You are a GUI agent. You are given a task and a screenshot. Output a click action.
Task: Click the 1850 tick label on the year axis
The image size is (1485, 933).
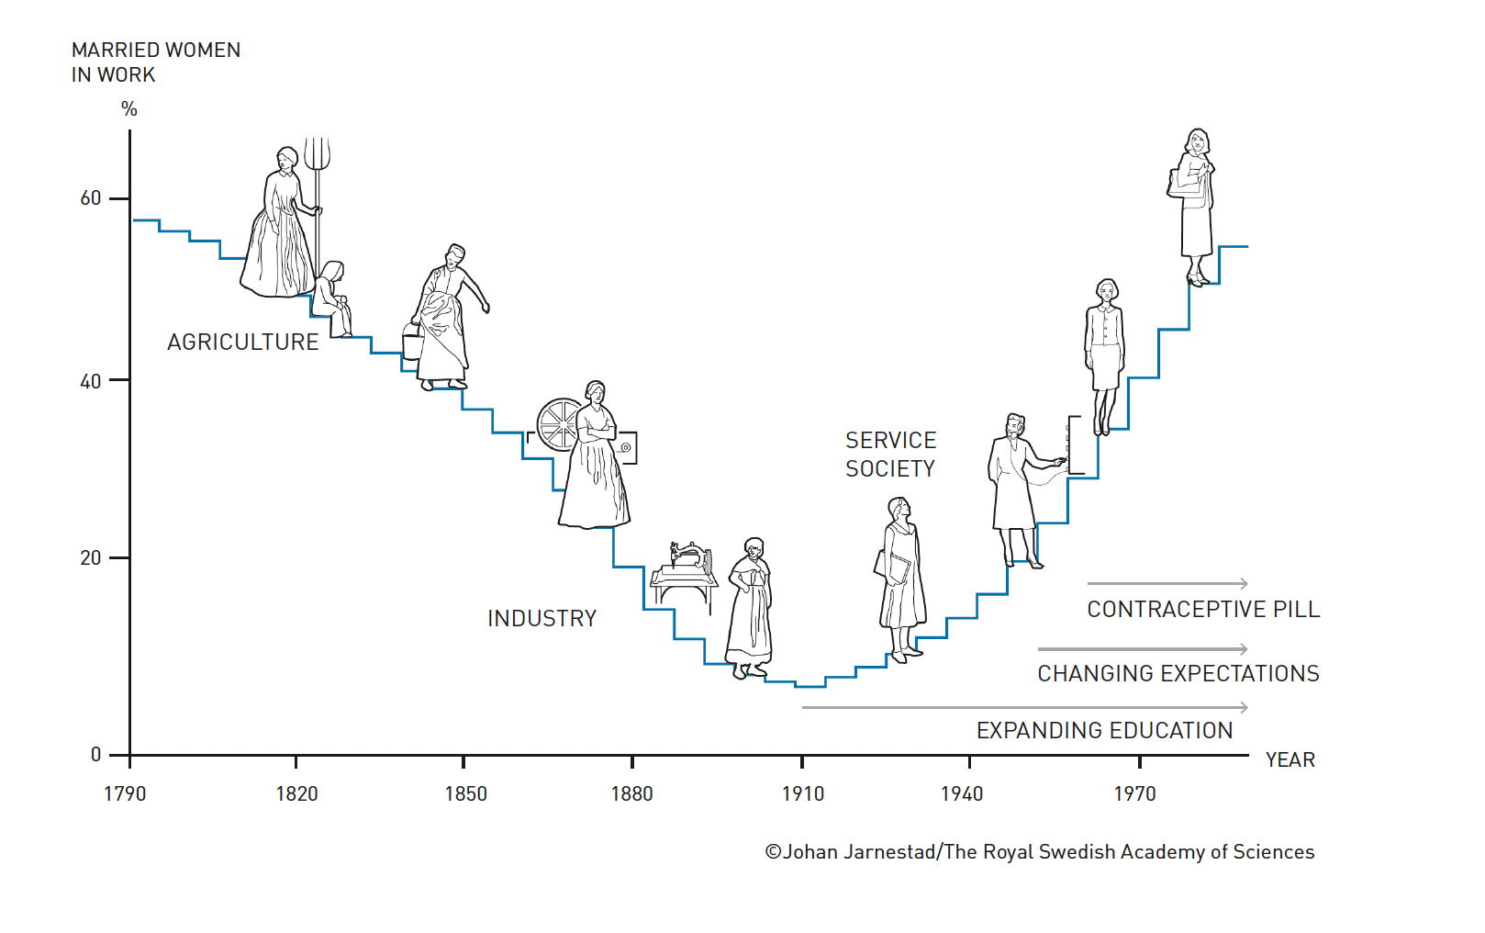click(x=465, y=793)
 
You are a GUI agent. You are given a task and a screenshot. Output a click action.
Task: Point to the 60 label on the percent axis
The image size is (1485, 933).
click(x=91, y=198)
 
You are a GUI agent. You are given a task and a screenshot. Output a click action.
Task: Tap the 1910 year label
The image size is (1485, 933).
click(x=803, y=793)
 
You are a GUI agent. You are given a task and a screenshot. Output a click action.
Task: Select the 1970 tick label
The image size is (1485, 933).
click(x=1135, y=793)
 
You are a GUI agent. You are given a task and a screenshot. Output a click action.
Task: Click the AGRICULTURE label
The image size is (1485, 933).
click(x=243, y=342)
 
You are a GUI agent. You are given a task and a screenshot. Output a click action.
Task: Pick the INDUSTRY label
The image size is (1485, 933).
click(x=542, y=618)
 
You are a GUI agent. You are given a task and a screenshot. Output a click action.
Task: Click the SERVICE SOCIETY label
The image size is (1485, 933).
click(x=890, y=455)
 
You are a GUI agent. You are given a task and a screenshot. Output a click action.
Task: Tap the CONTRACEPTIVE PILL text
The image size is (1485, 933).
click(x=1203, y=609)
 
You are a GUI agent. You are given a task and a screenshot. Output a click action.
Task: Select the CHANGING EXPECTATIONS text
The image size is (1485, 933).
click(x=1178, y=673)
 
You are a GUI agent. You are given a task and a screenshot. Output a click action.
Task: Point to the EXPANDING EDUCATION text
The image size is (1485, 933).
click(x=1104, y=730)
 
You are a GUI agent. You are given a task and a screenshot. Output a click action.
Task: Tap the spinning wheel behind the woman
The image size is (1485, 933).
click(x=557, y=424)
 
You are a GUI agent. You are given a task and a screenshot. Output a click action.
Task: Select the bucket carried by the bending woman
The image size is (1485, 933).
click(x=413, y=343)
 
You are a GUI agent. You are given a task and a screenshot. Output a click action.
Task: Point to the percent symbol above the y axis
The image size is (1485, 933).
click(x=129, y=109)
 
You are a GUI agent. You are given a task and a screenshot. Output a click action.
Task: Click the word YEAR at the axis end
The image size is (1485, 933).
click(x=1290, y=759)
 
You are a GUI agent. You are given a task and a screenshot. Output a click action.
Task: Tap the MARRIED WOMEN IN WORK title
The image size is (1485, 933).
click(x=156, y=62)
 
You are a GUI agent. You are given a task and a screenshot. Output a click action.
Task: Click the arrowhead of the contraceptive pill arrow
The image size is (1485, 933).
click(x=1244, y=583)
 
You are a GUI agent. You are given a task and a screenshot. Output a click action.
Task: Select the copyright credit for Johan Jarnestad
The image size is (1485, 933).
click(x=1039, y=851)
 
